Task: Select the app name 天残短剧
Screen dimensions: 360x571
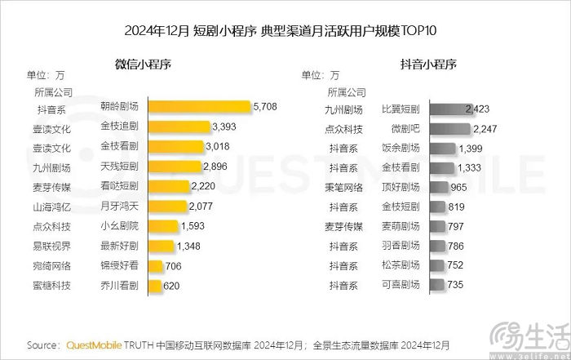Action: tap(119, 167)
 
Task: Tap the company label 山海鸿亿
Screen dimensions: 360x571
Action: tap(52, 207)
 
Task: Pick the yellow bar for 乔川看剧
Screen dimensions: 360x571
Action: tap(154, 286)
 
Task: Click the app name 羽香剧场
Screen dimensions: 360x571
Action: tap(400, 246)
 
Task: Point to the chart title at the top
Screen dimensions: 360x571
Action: tap(281, 32)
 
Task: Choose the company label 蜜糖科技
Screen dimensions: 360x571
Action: tap(52, 286)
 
